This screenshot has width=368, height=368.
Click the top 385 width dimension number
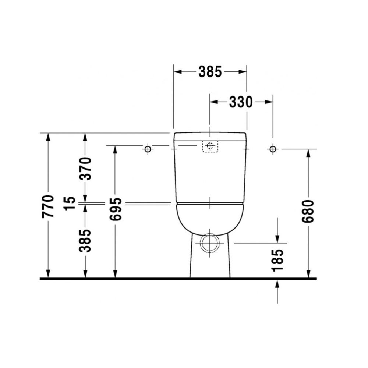tap(210, 72)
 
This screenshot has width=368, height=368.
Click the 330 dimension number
tap(241, 102)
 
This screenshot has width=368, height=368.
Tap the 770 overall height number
tap(48, 206)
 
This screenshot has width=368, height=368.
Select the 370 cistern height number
tap(85, 168)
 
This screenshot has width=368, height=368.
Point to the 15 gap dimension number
tap(71, 203)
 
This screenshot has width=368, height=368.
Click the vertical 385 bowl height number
tap(85, 240)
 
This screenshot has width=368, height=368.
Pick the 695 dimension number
tap(115, 209)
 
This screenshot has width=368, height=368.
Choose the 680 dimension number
tap(308, 211)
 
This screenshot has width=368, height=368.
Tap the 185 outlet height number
tap(277, 259)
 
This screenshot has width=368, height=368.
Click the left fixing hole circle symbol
tap(148, 149)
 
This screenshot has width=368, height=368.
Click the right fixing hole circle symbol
tap(273, 149)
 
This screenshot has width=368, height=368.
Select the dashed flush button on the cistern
tap(210, 146)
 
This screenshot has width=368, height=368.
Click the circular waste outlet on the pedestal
tap(210, 243)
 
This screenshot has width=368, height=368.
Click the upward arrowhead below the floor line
tap(277, 283)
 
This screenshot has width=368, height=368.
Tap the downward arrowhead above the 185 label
tap(277, 239)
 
